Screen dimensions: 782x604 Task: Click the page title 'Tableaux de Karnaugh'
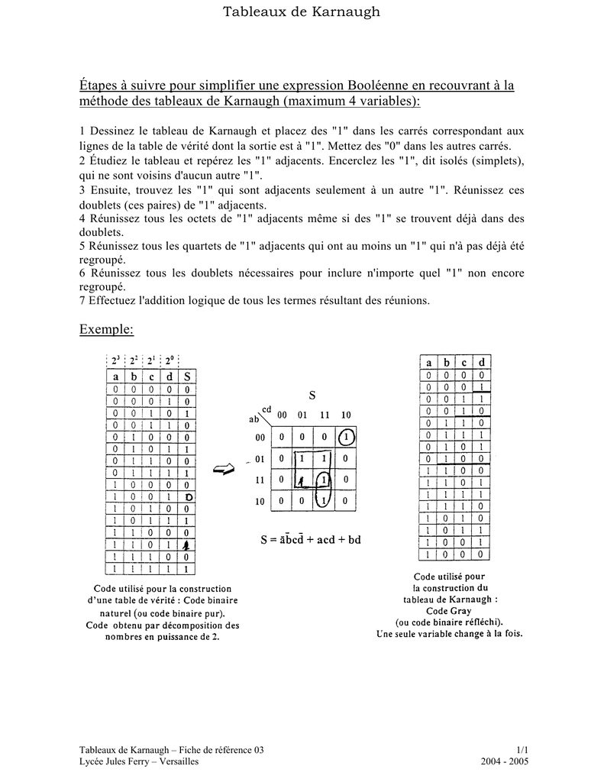coord(301,11)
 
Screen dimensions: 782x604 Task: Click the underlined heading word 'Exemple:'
coord(106,329)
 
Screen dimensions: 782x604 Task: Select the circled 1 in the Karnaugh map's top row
coord(345,438)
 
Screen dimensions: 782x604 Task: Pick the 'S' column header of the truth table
coord(188,376)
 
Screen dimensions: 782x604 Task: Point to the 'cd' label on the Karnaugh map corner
coord(266,409)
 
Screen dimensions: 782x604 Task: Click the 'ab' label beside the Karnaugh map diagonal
coord(254,419)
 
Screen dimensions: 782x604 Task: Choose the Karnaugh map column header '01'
coord(302,415)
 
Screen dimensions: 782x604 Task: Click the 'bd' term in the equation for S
coord(353,540)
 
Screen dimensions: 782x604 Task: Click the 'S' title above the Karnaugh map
coord(312,396)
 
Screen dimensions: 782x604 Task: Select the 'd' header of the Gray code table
coord(481,363)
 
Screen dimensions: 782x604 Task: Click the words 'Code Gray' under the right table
coord(449,610)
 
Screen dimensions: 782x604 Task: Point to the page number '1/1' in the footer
coord(522,751)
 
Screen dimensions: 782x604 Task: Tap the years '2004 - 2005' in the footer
coord(505,762)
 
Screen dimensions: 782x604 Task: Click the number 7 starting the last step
coord(82,300)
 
